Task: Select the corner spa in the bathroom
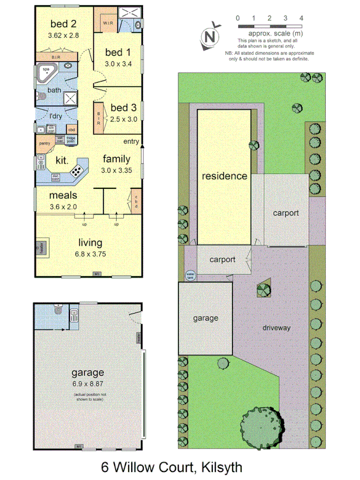[x=46, y=72]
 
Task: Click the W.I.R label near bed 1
[x=108, y=23]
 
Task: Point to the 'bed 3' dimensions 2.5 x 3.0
[x=124, y=119]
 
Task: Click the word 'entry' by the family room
[x=131, y=141]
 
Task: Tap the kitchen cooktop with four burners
[x=76, y=171]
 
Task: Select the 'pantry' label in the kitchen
[x=44, y=143]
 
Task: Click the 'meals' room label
[x=63, y=195]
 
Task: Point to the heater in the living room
[x=39, y=247]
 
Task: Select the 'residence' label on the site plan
[x=224, y=175]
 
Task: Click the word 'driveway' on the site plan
[x=276, y=327]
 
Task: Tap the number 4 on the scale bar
[x=302, y=18]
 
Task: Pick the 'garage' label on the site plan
[x=205, y=318]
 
